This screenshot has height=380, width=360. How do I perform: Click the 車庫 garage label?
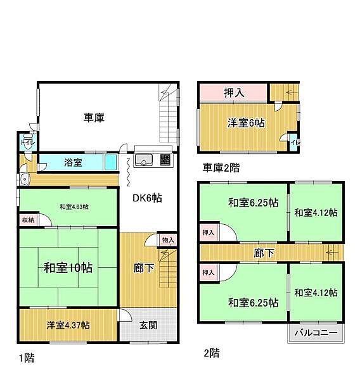point(94,117)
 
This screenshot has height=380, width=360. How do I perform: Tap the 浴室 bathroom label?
point(73,163)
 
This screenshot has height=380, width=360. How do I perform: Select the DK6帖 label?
point(147,198)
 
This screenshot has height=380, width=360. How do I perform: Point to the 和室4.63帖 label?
point(74,206)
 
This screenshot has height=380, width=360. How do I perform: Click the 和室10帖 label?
point(68,268)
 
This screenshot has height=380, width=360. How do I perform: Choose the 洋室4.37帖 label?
point(67,326)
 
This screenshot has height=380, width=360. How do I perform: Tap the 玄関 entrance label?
point(150,326)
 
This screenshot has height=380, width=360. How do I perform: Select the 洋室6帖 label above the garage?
point(246,123)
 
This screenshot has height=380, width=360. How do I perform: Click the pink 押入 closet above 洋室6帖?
point(233,92)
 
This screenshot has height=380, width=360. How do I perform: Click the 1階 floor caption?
point(26,358)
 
